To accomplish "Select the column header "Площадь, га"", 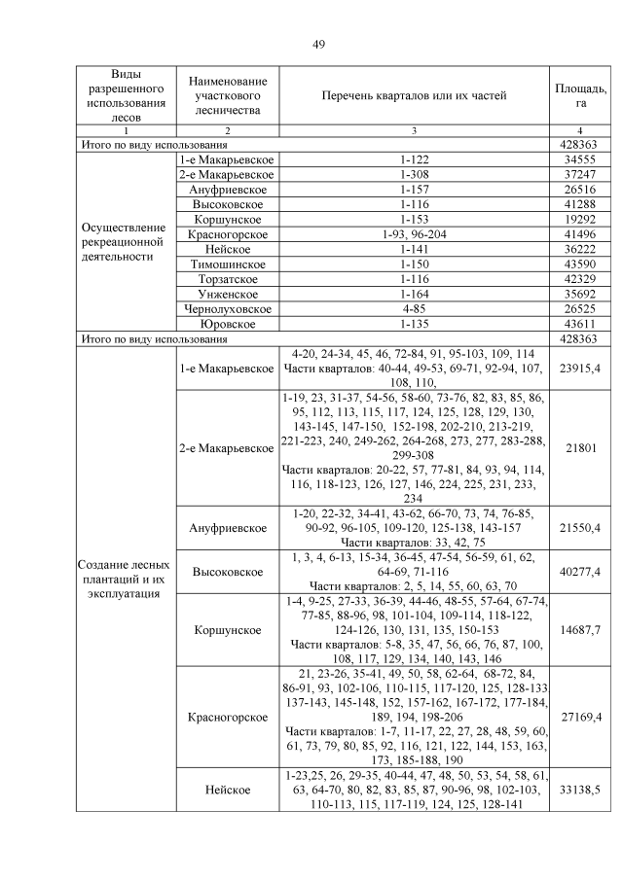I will point(580,95).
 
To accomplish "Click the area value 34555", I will point(580,158).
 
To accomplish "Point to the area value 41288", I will point(580,205).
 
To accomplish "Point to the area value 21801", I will point(580,448).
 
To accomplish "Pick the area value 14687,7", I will point(580,629).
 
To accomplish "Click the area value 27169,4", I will point(580,717).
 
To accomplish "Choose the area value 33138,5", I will point(580,791).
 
